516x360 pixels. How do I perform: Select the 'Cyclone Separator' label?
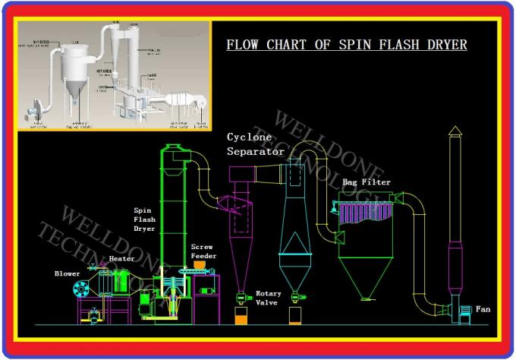[256, 144]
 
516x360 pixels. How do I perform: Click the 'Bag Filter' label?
[367, 183]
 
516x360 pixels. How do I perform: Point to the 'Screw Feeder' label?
[203, 251]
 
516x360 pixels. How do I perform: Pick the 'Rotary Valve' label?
[268, 298]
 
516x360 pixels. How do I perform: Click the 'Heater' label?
[121, 259]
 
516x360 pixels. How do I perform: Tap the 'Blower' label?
[67, 273]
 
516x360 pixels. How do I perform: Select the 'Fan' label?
[483, 309]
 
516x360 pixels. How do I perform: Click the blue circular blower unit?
[78, 289]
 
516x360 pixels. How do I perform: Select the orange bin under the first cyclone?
[242, 317]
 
